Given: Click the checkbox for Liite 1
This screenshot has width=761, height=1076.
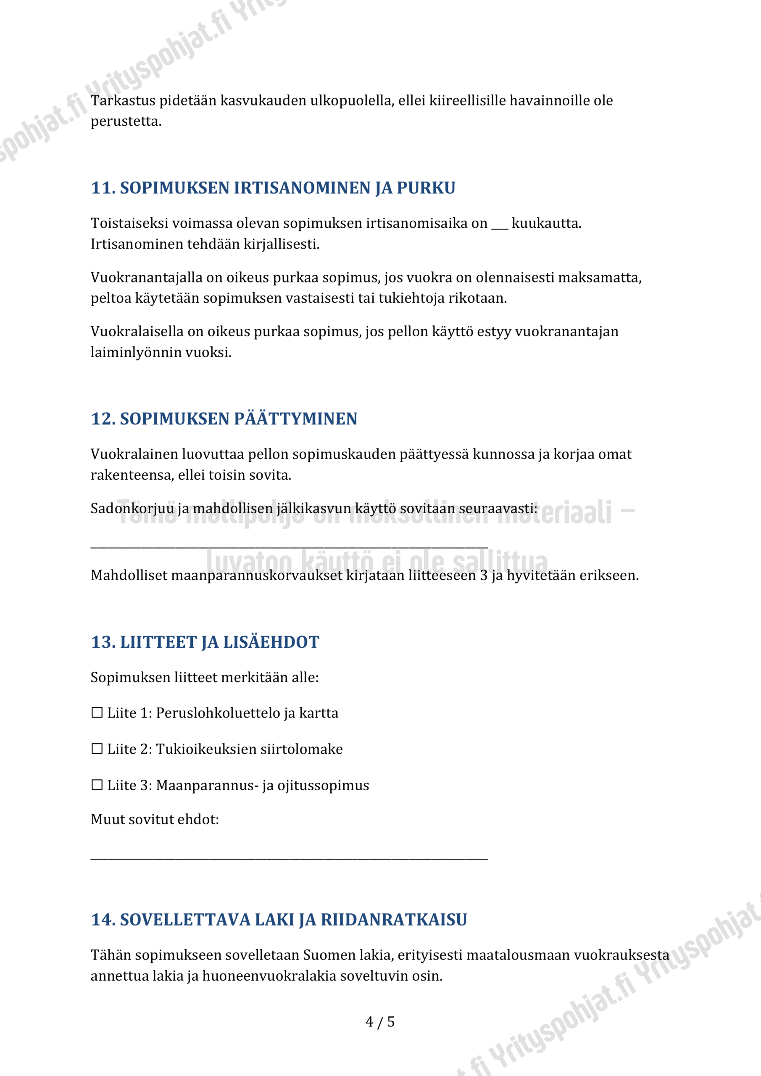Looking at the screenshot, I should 97,713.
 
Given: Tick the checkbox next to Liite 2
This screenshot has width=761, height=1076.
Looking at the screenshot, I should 97,749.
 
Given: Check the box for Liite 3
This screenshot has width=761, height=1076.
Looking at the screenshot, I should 97,785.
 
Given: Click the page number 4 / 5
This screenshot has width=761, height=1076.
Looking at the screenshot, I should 380,1022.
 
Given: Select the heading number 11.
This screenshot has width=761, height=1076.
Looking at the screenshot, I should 103,188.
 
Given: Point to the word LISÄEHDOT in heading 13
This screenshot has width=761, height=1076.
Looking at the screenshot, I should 271,642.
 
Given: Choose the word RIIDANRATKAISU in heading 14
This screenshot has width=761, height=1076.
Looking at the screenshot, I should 394,920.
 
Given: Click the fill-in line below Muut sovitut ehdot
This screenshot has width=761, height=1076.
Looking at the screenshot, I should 289,858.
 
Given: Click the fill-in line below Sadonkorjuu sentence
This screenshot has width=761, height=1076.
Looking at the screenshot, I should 289,546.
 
